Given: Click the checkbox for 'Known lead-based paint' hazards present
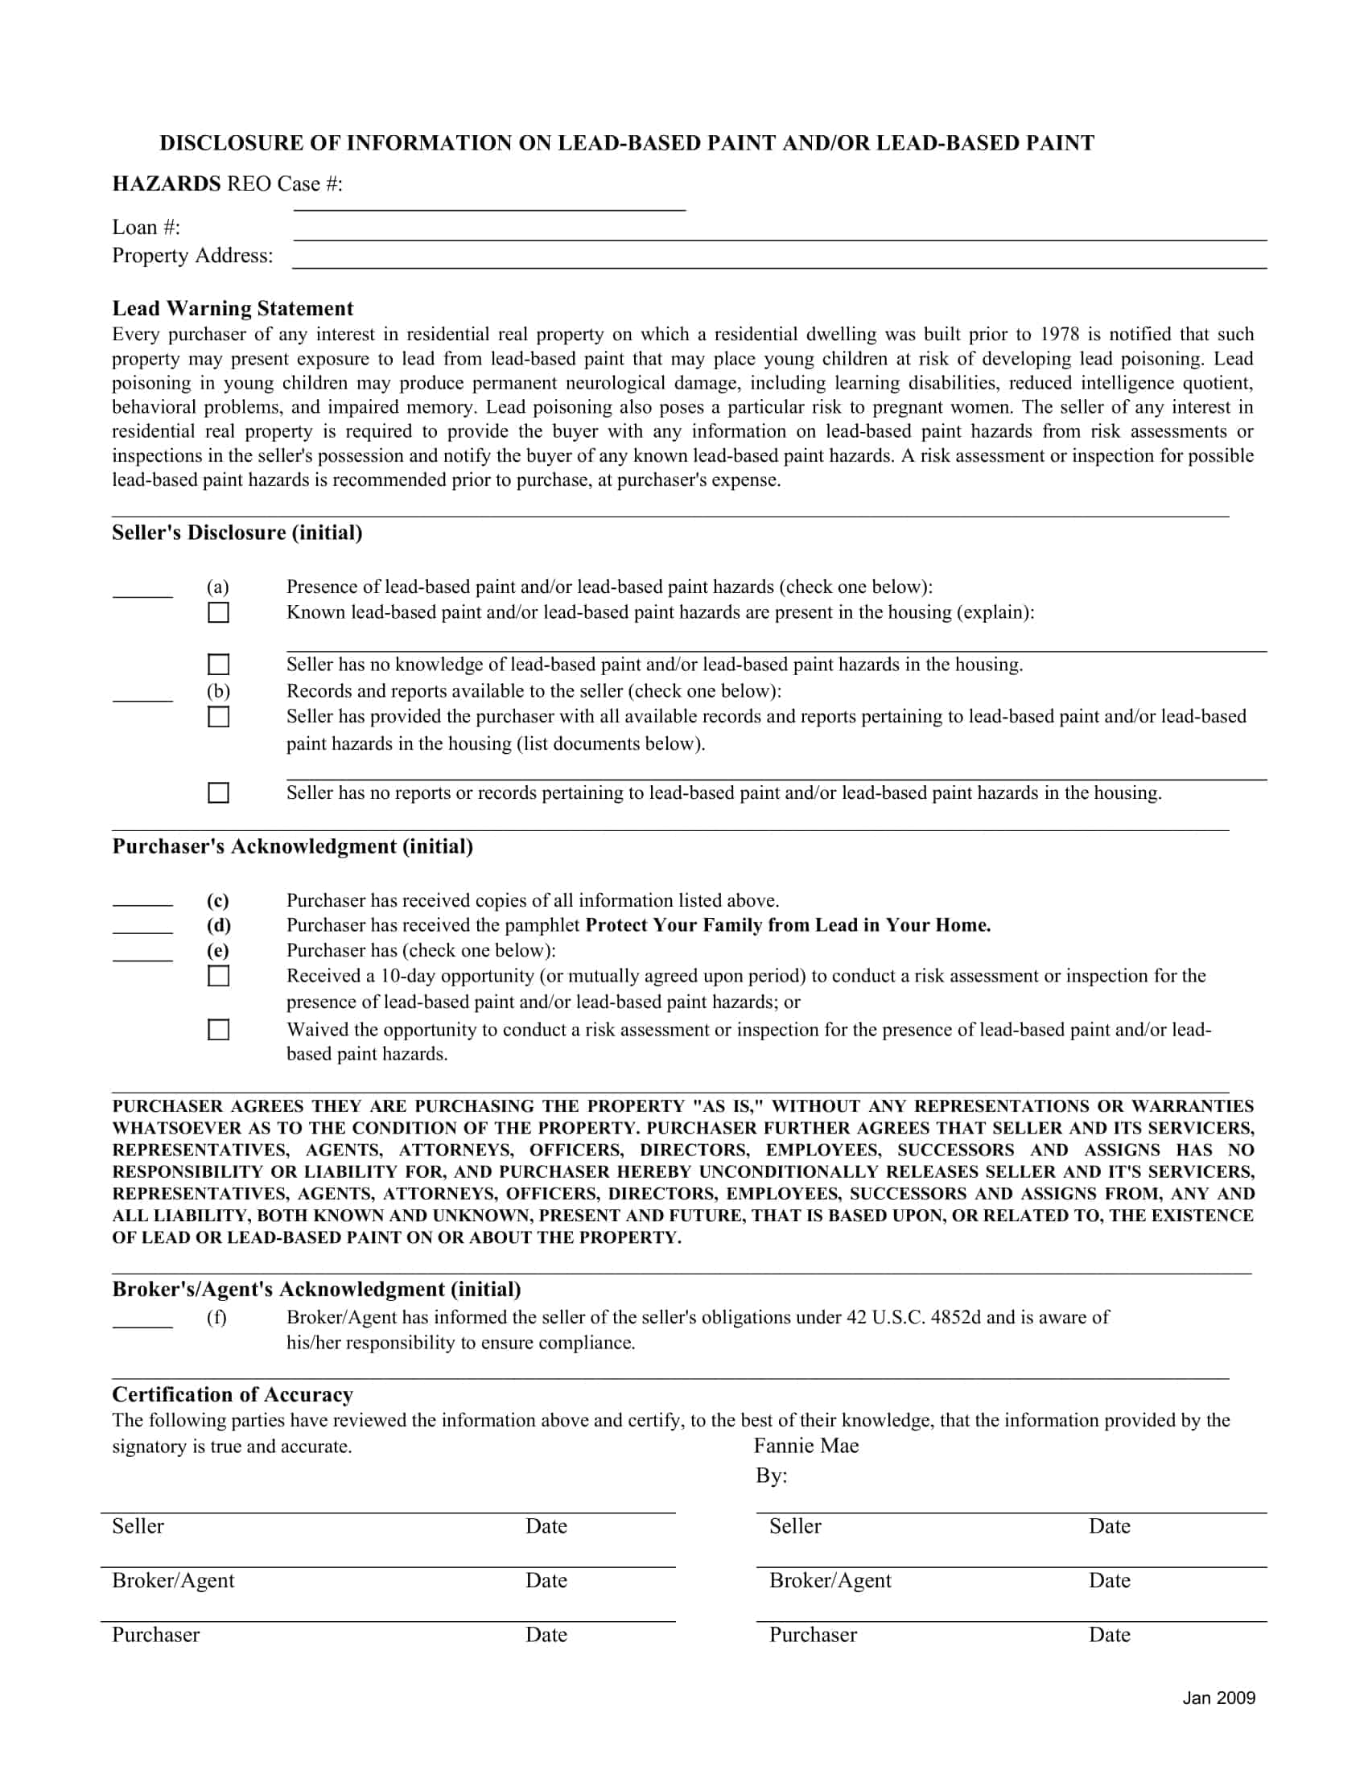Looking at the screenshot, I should (x=218, y=612).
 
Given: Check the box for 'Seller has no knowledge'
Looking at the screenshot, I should (x=218, y=665).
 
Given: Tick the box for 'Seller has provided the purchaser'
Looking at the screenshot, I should (x=218, y=716).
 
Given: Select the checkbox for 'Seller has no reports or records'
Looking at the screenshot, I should (x=218, y=792).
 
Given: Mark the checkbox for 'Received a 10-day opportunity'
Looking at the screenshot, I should (x=218, y=976).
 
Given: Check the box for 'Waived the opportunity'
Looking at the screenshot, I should (x=218, y=1029).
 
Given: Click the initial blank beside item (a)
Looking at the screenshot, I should (x=142, y=590).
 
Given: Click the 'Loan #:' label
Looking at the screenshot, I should (x=146, y=228).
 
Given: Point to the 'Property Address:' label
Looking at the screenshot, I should (x=192, y=256).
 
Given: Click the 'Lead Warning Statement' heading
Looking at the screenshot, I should (x=233, y=309).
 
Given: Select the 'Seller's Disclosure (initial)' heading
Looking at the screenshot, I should (x=237, y=533).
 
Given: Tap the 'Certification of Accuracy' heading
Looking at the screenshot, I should (x=233, y=1395).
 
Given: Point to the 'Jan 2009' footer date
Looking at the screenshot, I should (x=1218, y=1698).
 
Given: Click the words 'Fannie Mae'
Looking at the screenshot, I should (x=806, y=1446).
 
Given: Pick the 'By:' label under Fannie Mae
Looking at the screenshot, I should (x=771, y=1476).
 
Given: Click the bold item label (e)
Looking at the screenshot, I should (x=217, y=951).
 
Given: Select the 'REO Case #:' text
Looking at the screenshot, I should (x=284, y=185).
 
